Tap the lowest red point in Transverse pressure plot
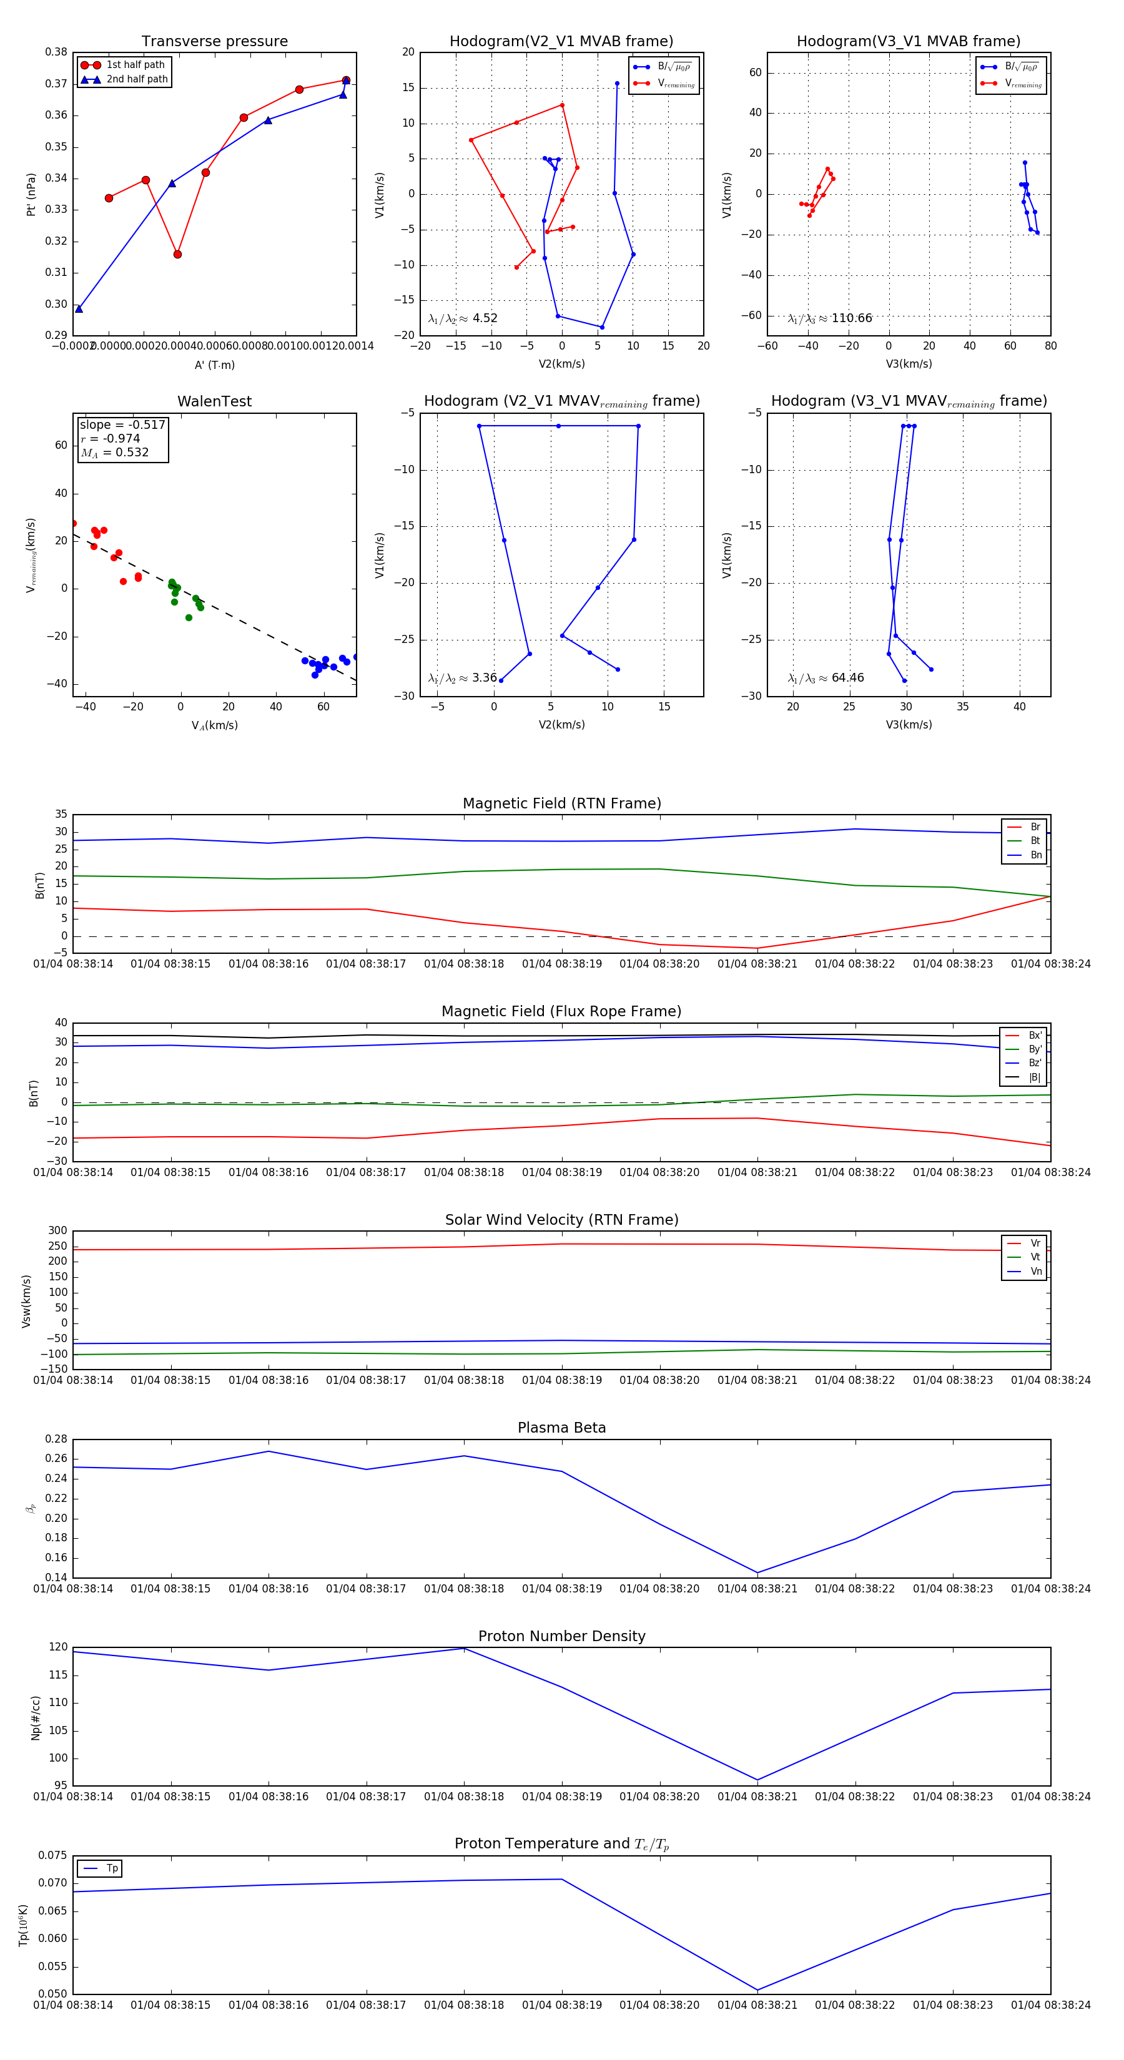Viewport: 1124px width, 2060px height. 177,254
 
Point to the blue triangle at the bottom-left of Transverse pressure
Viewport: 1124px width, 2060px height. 79,308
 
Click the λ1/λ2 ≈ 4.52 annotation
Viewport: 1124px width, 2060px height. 462,318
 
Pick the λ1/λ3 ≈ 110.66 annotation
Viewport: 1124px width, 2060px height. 830,318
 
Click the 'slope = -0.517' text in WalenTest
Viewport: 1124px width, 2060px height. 122,424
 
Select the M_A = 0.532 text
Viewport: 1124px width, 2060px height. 114,453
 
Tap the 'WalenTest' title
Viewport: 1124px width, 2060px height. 214,401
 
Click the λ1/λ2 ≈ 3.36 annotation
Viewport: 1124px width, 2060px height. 462,678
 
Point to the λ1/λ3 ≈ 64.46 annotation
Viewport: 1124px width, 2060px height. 826,678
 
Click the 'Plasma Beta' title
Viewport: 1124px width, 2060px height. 561,1428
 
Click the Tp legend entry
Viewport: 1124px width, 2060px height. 111,1869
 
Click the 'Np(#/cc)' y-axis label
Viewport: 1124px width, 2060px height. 35,1719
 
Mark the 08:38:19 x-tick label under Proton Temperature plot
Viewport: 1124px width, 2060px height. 561,2006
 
